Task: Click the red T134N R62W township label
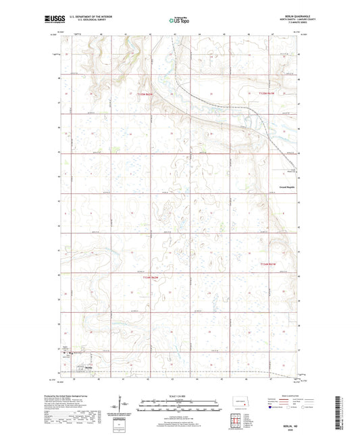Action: click(x=154, y=278)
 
